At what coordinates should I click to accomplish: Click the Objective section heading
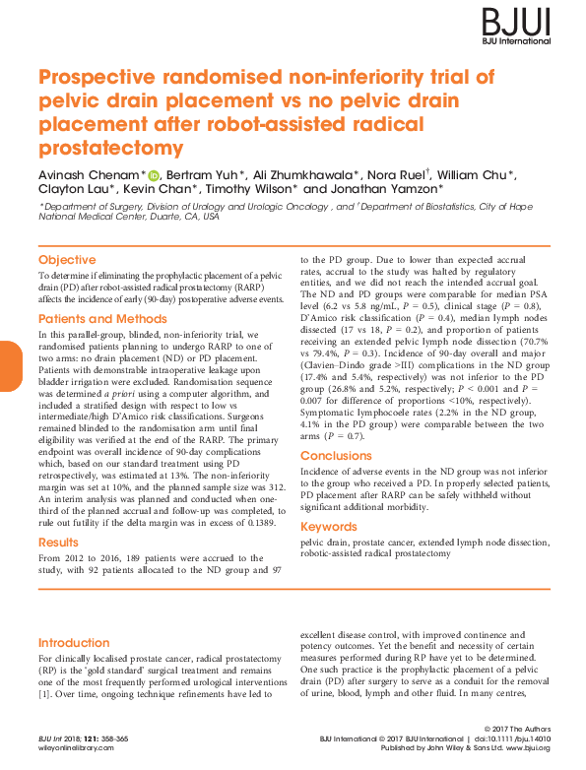pyautogui.click(x=67, y=260)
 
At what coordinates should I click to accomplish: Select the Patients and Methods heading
pyautogui.click(x=102, y=319)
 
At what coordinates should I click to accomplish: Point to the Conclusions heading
pyautogui.click(x=336, y=456)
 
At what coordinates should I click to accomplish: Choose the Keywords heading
pyautogui.click(x=329, y=527)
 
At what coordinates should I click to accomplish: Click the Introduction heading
pyautogui.click(x=74, y=642)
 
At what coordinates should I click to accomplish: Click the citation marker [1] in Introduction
pyautogui.click(x=44, y=694)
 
